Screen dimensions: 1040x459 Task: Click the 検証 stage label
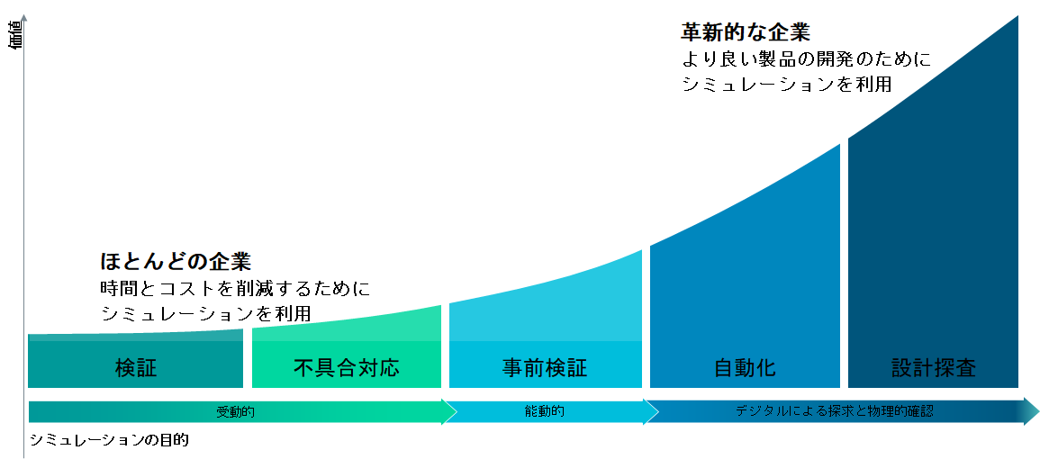click(x=135, y=367)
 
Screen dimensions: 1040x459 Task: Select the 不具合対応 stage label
click(x=347, y=367)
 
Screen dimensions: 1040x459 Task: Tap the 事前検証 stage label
click(x=545, y=367)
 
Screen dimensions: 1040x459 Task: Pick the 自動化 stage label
click(x=745, y=367)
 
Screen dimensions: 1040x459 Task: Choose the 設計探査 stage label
click(x=933, y=367)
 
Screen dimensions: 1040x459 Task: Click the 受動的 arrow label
click(x=235, y=412)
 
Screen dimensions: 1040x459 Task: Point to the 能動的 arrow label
click(x=544, y=411)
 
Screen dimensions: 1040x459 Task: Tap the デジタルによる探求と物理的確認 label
click(x=835, y=411)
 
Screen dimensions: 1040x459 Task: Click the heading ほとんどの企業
click(x=175, y=261)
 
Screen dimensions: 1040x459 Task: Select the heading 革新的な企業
click(x=746, y=31)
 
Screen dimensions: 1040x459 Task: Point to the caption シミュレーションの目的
click(x=110, y=440)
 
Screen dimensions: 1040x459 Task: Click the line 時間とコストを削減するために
click(x=235, y=289)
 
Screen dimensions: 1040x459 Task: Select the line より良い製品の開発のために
click(x=806, y=59)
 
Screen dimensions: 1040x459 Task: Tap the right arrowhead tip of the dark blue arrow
click(x=1039, y=411)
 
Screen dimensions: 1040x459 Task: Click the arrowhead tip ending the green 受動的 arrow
click(x=457, y=412)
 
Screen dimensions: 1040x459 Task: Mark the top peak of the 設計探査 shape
click(x=1017, y=16)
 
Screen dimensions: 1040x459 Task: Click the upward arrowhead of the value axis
click(x=24, y=14)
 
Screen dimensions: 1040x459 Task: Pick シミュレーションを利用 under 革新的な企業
click(x=786, y=85)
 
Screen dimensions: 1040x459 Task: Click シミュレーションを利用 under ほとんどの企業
click(x=205, y=313)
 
